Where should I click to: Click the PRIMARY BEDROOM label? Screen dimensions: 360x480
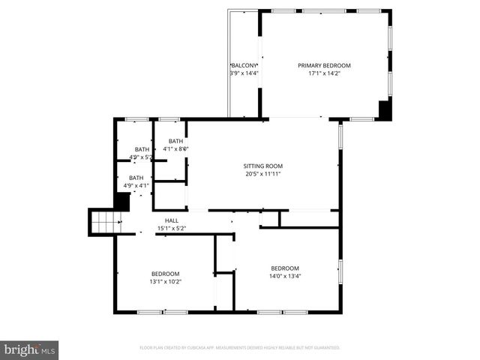pyautogui.click(x=324, y=65)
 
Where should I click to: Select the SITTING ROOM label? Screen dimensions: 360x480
pyautogui.click(x=262, y=166)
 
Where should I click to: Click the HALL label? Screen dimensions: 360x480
pyautogui.click(x=172, y=220)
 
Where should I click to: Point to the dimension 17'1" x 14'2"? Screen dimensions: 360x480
pyautogui.click(x=324, y=73)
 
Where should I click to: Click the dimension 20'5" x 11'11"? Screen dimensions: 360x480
pyautogui.click(x=262, y=174)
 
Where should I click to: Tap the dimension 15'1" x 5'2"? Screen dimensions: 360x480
pyautogui.click(x=172, y=228)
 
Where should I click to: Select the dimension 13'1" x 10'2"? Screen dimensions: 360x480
pyautogui.click(x=166, y=282)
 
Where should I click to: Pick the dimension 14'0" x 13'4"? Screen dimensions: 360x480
pyautogui.click(x=285, y=276)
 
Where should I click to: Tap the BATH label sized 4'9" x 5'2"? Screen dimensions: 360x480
pyautogui.click(x=142, y=149)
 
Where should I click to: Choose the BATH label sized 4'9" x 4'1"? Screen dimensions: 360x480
pyautogui.click(x=136, y=178)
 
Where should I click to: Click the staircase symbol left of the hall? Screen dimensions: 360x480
pyautogui.click(x=105, y=222)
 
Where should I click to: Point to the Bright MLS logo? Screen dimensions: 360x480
pyautogui.click(x=30, y=349)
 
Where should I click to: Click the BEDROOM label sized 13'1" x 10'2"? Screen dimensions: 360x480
pyautogui.click(x=166, y=274)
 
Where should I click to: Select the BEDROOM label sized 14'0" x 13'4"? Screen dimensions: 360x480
pyautogui.click(x=285, y=268)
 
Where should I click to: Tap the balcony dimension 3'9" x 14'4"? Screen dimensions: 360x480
pyautogui.click(x=244, y=73)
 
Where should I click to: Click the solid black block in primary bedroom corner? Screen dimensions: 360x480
pyautogui.click(x=385, y=109)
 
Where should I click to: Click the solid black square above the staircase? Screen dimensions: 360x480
pyautogui.click(x=122, y=201)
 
